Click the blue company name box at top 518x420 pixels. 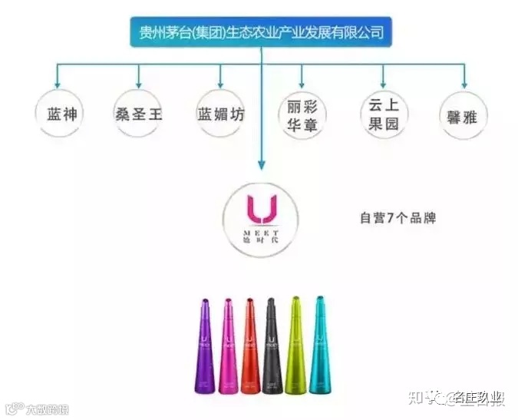(x=261, y=33)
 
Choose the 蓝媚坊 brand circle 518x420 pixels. (x=221, y=114)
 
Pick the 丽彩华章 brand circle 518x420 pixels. (x=302, y=115)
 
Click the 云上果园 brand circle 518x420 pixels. (x=383, y=114)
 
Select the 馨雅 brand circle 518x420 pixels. (x=463, y=114)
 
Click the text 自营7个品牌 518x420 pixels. (x=398, y=218)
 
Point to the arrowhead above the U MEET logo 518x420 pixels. (x=261, y=164)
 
